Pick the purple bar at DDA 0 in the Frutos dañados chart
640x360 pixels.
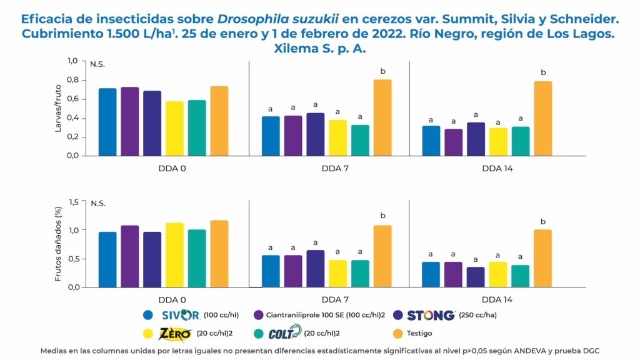pyautogui.click(x=130, y=256)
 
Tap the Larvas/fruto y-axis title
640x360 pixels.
pyautogui.click(x=59, y=108)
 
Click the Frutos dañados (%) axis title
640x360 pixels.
pyautogui.click(x=59, y=245)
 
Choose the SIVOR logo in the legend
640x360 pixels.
pyautogui.click(x=181, y=315)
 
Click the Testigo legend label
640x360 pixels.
pyautogui.click(x=417, y=334)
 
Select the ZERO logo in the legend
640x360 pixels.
pyautogui.click(x=176, y=333)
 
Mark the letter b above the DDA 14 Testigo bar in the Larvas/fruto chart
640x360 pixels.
pyautogui.click(x=543, y=72)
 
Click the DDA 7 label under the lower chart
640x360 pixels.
pyautogui.click(x=329, y=299)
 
